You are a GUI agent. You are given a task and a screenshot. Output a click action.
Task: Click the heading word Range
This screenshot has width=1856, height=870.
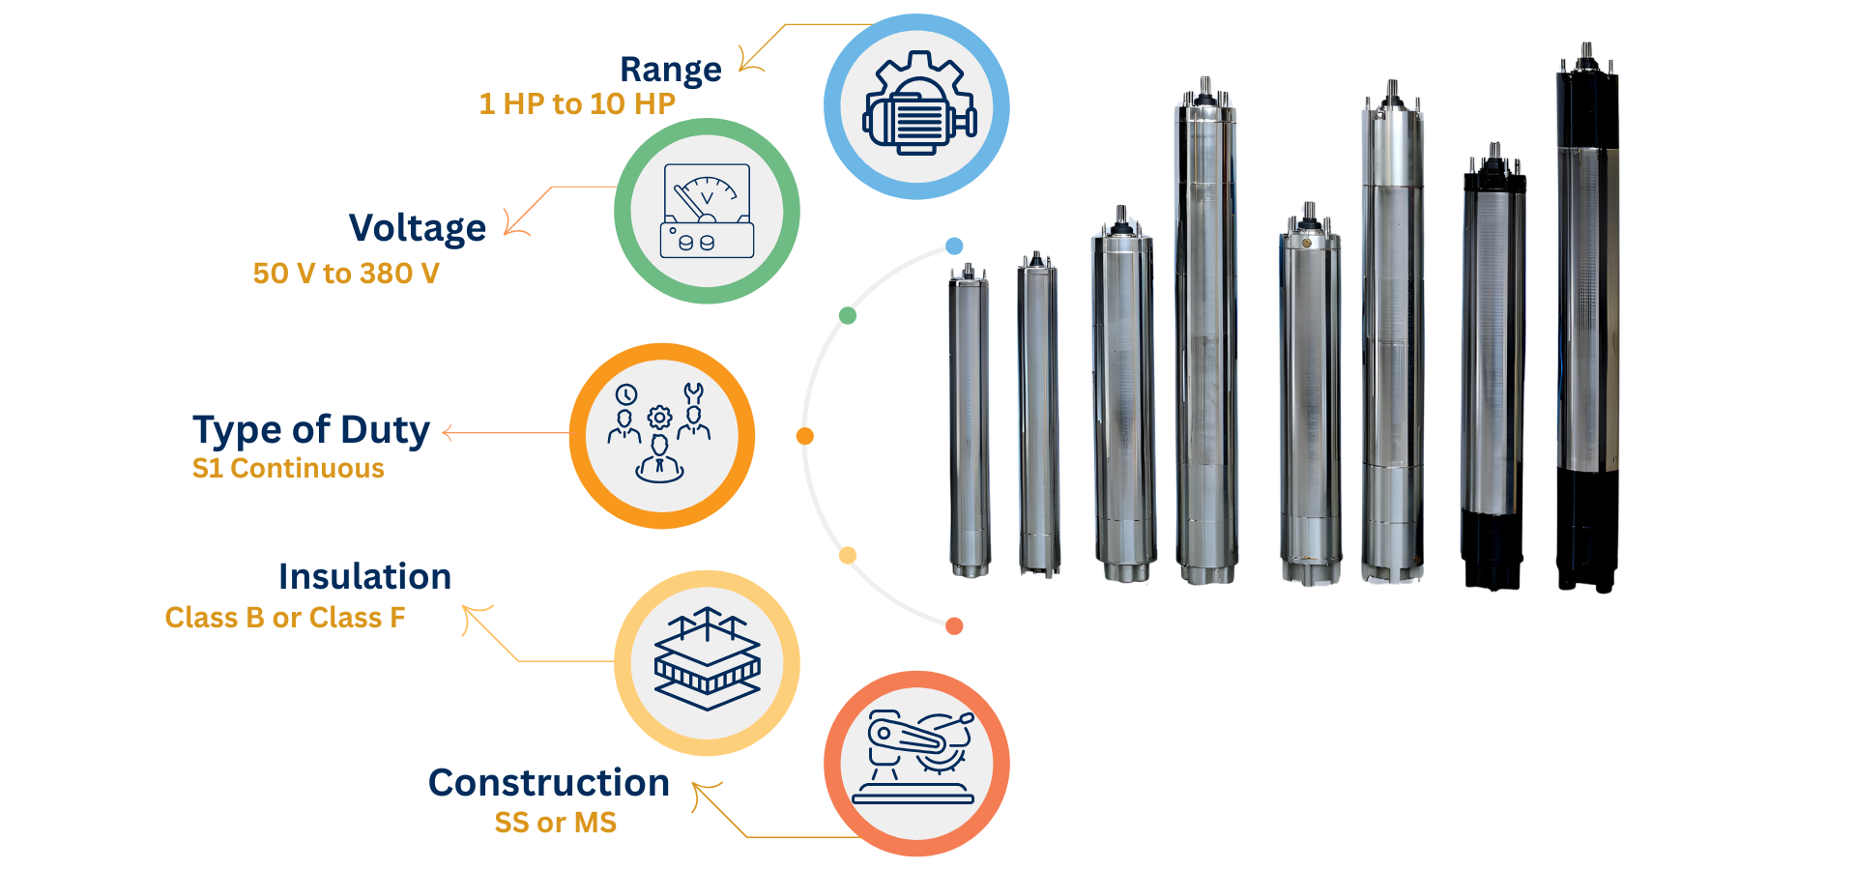point(670,70)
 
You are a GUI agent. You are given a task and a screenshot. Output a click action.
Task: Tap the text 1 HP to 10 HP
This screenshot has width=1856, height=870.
point(577,103)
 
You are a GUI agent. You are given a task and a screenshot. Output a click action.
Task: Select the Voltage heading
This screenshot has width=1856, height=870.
point(418,228)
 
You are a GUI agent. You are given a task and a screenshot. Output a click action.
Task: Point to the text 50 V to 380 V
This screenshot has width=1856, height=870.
point(346,274)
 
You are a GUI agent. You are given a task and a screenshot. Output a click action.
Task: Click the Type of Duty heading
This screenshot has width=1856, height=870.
point(311,430)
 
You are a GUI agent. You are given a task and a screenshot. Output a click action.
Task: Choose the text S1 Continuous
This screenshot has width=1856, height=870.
point(288,469)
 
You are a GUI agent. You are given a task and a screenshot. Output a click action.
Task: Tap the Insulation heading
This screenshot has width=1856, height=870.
point(364,577)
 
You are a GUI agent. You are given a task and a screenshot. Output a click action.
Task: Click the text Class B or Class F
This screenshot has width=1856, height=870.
point(285,618)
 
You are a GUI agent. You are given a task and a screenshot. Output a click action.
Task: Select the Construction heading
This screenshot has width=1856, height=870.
point(549,783)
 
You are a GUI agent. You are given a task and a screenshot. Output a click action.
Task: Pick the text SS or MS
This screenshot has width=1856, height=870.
point(555,823)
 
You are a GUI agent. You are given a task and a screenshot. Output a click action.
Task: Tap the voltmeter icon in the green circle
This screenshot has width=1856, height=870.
point(707,211)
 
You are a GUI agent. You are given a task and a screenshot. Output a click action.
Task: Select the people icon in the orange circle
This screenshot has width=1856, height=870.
point(661,435)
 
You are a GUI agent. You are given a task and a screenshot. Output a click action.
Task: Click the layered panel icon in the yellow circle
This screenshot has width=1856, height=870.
point(707,662)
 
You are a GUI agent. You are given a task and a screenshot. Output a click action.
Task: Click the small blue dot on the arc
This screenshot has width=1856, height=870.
point(954,246)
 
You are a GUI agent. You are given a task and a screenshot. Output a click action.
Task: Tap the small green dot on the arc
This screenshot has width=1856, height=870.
point(848,315)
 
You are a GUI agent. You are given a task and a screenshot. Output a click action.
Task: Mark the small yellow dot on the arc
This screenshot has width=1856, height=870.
point(848,555)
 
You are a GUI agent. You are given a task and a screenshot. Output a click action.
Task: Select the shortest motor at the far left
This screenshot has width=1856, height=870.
point(969,425)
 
